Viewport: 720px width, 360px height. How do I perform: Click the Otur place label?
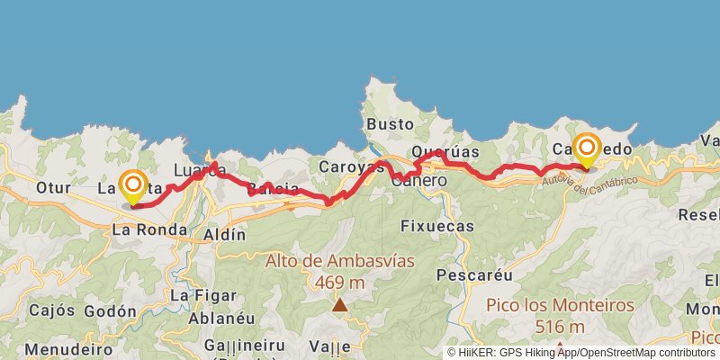point(54,188)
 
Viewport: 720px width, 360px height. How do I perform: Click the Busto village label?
point(391,124)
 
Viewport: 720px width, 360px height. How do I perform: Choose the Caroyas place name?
point(351,167)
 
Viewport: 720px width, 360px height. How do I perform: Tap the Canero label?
point(419,181)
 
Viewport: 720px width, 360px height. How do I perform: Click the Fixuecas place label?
point(436,226)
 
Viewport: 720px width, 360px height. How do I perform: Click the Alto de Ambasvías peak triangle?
point(339,305)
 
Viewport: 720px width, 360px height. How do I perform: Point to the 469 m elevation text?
point(339,282)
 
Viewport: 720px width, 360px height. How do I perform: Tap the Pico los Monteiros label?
point(559,305)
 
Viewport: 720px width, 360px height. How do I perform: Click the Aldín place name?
point(225,234)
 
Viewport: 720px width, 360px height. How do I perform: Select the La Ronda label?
point(148,229)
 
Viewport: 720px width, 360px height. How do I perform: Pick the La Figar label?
point(203,295)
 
